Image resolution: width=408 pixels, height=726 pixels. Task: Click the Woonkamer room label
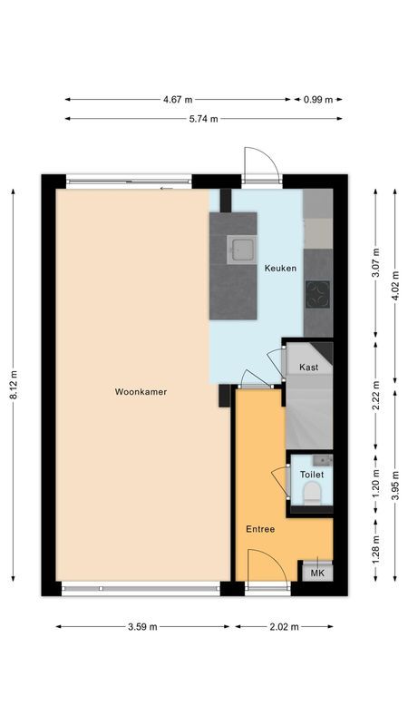[x=141, y=392]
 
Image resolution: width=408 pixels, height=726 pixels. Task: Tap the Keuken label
[x=280, y=269]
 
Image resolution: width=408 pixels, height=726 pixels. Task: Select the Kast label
[x=308, y=367]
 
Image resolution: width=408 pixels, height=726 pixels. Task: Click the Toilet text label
[x=311, y=475]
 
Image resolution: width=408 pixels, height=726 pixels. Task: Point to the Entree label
[x=260, y=528]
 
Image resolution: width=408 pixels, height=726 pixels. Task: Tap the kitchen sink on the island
[x=241, y=249]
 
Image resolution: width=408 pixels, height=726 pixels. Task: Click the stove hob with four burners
[x=318, y=292]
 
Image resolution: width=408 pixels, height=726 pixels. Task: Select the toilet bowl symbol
[x=312, y=493]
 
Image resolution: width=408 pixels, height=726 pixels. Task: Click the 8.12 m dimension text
[x=14, y=386]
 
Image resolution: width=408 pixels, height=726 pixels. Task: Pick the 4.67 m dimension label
[x=178, y=100]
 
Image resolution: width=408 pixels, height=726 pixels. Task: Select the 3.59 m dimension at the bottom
[x=141, y=626]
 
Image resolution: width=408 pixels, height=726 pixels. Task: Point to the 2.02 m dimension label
[x=285, y=626]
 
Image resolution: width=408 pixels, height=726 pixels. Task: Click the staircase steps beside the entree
[x=308, y=413]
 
